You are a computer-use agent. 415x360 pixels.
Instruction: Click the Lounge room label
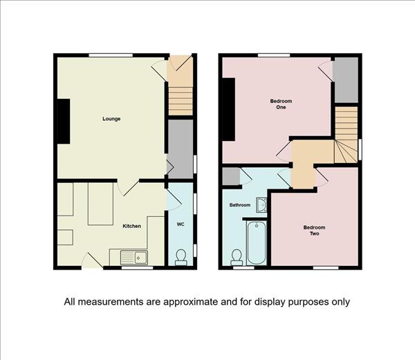(111, 119)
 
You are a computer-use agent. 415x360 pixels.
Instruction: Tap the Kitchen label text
(131, 226)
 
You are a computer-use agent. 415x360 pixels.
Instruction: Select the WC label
(181, 225)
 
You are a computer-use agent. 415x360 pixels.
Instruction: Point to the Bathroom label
(240, 205)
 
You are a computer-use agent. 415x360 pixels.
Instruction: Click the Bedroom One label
(281, 104)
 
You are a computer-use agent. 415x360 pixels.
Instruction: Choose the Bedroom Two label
(315, 231)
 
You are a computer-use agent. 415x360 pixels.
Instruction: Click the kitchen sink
(134, 258)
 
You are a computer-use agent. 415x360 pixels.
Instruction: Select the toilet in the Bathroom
(237, 258)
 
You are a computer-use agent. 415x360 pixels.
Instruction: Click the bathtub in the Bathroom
(257, 243)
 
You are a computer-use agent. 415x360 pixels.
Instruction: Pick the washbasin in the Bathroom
(261, 205)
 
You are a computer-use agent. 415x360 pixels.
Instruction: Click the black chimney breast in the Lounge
(64, 122)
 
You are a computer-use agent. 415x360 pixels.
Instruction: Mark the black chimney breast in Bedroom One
(229, 109)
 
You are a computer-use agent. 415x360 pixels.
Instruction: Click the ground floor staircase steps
(181, 101)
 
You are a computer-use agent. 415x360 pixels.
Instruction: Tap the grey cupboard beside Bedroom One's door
(347, 80)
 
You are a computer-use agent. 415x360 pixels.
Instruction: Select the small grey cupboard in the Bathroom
(231, 176)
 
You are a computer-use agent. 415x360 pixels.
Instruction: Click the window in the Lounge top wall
(111, 55)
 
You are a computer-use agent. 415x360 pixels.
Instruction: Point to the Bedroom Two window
(326, 267)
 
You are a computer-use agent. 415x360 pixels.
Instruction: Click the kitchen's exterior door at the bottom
(92, 261)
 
